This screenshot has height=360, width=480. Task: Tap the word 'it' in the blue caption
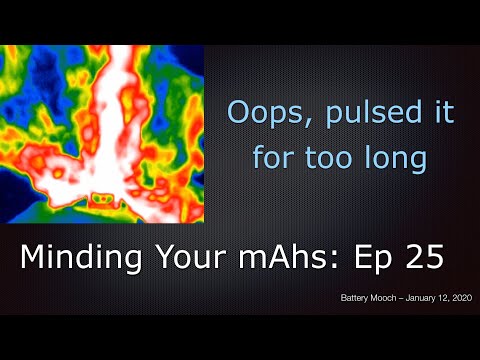(437, 112)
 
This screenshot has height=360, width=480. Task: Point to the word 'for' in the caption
(272, 157)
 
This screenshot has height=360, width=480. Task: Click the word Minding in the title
(81, 259)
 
